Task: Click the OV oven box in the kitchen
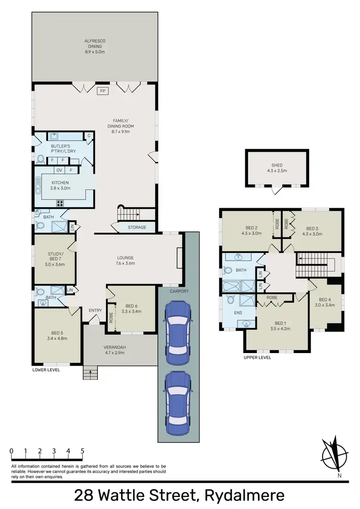click(60, 170)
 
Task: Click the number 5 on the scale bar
click(83, 451)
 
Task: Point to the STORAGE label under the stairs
click(137, 227)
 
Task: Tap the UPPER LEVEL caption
click(258, 357)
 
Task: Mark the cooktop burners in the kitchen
click(60, 203)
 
